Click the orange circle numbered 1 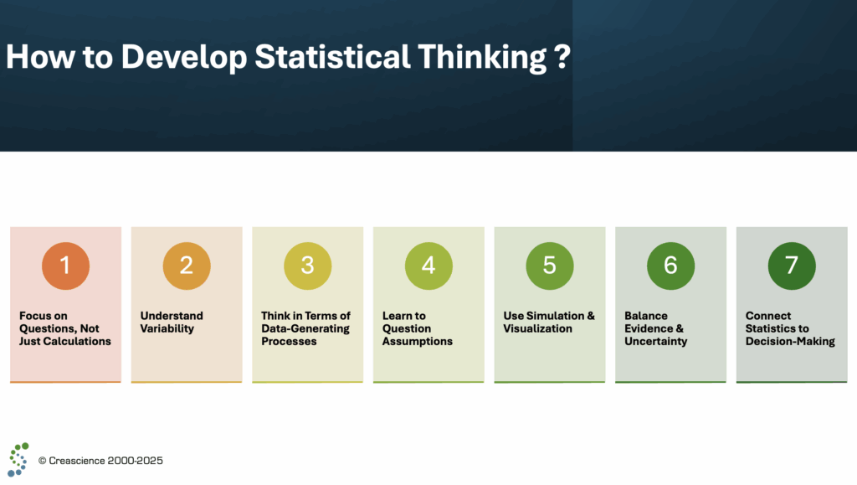tap(65, 266)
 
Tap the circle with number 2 tap(187, 266)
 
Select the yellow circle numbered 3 tap(308, 266)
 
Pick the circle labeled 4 tap(428, 266)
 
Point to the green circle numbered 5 tap(550, 266)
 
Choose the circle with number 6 tap(670, 266)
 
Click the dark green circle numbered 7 tap(792, 266)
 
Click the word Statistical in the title tap(332, 56)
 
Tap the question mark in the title tap(562, 57)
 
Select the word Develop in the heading tap(184, 58)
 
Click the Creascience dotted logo tap(18, 460)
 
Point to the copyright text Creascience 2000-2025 tap(100, 461)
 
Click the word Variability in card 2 tap(167, 328)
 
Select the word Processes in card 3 tap(289, 341)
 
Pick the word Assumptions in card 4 tap(418, 342)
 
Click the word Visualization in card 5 tap(538, 328)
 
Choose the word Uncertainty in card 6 tap(656, 342)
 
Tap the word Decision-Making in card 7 tap(790, 342)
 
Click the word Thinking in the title tap(482, 58)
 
